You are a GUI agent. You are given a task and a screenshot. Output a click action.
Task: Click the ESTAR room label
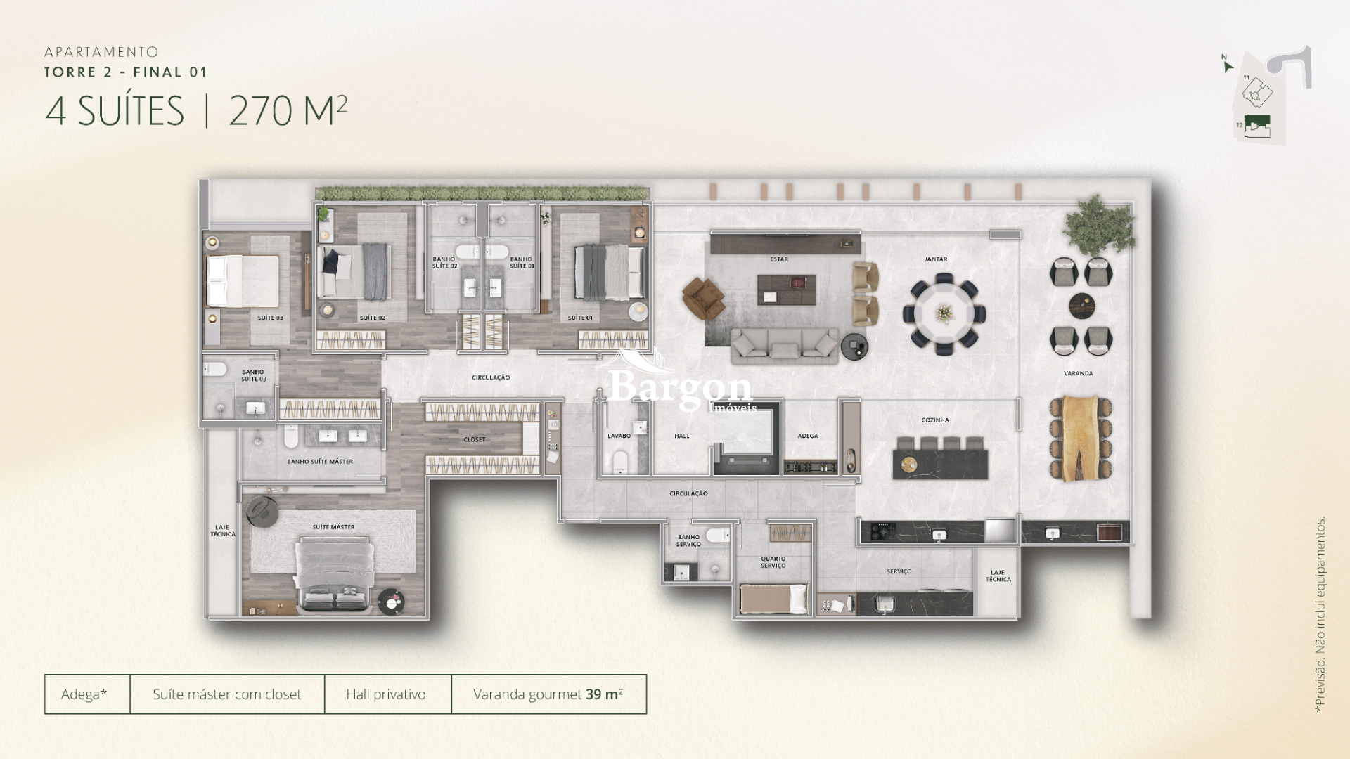coord(778,259)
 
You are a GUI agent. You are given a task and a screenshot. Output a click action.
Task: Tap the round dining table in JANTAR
coord(944,313)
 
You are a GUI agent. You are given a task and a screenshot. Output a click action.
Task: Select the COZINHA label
coord(935,420)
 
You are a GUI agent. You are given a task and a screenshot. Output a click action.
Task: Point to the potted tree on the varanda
coord(1098,225)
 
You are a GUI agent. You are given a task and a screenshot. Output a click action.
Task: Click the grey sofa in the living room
coord(785,345)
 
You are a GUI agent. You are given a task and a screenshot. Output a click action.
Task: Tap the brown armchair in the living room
coord(703,297)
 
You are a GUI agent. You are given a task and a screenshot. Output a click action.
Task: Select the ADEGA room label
coord(808,436)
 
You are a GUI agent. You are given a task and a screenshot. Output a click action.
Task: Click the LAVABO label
coord(619,436)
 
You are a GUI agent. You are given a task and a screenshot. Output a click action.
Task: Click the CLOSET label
coord(475,440)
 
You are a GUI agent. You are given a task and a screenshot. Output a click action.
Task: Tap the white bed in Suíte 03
coord(243,281)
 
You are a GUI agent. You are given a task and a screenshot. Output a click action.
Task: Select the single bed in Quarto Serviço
coord(773,599)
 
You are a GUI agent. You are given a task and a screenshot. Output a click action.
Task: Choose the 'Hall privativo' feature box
coord(387,694)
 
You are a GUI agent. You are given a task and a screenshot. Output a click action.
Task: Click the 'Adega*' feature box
coord(85,694)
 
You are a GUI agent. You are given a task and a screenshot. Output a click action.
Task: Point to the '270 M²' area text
coord(288,111)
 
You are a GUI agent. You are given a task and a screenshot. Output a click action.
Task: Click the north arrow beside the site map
coord(1228,67)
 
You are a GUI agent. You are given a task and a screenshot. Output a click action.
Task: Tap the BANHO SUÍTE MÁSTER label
coord(320,462)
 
